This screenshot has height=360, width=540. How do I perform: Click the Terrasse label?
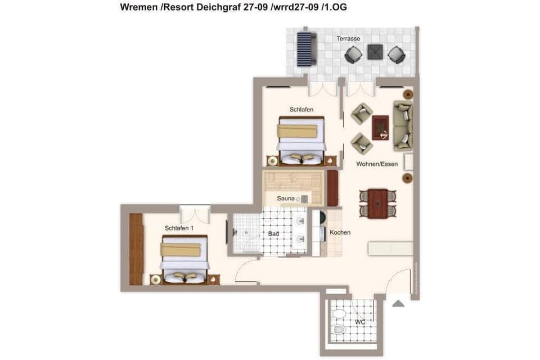point(348,39)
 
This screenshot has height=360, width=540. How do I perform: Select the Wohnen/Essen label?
point(377,164)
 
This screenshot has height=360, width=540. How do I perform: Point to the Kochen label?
point(340,232)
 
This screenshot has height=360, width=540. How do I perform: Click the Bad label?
point(274,233)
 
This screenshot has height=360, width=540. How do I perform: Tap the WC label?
point(361,322)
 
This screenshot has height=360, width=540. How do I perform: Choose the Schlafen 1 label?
point(179,228)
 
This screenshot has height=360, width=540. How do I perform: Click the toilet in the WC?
point(339,329)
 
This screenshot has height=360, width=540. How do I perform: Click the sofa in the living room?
point(403,125)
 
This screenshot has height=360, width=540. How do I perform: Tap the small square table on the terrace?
point(375,52)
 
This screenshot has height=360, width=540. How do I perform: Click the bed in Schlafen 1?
point(184,258)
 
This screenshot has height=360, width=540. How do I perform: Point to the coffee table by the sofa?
point(381,127)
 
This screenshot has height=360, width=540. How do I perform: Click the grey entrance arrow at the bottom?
point(398,304)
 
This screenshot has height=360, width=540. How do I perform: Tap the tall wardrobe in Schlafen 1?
point(136,249)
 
